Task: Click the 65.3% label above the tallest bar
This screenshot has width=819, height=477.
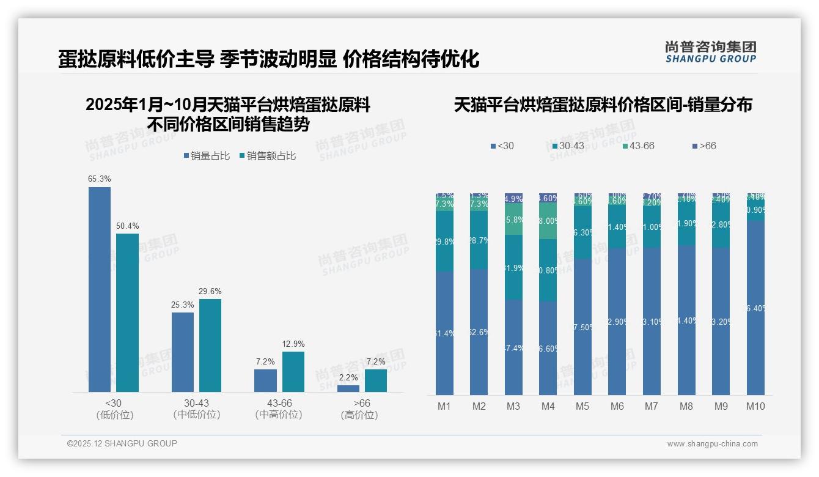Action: point(100,179)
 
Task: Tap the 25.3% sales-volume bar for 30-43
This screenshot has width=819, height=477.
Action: point(183,352)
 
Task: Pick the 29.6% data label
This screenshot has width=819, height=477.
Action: point(210,291)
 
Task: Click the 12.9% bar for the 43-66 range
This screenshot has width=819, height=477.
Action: point(293,371)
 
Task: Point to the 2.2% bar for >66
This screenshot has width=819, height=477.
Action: point(348,388)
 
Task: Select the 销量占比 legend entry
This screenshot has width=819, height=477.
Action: point(207,156)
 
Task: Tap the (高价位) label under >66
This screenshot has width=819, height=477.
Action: point(359,415)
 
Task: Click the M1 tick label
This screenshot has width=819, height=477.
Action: point(444,407)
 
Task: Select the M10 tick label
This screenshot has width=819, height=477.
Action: point(755,407)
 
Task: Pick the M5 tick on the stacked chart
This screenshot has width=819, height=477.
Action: point(582,407)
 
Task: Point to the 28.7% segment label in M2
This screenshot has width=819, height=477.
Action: point(479,240)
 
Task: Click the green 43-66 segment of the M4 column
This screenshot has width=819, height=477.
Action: point(548,221)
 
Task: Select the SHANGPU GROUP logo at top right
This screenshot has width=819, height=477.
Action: point(710,52)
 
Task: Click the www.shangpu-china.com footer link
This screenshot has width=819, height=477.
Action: point(712,444)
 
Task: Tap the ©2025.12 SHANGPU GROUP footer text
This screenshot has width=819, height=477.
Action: point(122,443)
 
